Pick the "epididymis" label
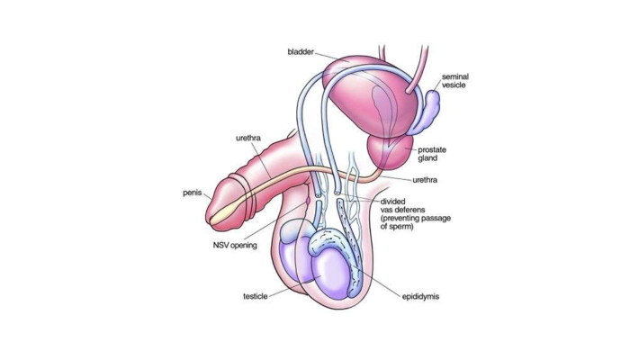pos(422,295)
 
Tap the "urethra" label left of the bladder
pos(248,138)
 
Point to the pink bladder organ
pos(360,90)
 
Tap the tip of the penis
pos(213,212)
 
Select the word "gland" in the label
pos(427,158)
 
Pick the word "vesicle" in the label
pos(454,87)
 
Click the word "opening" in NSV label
pos(244,245)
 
